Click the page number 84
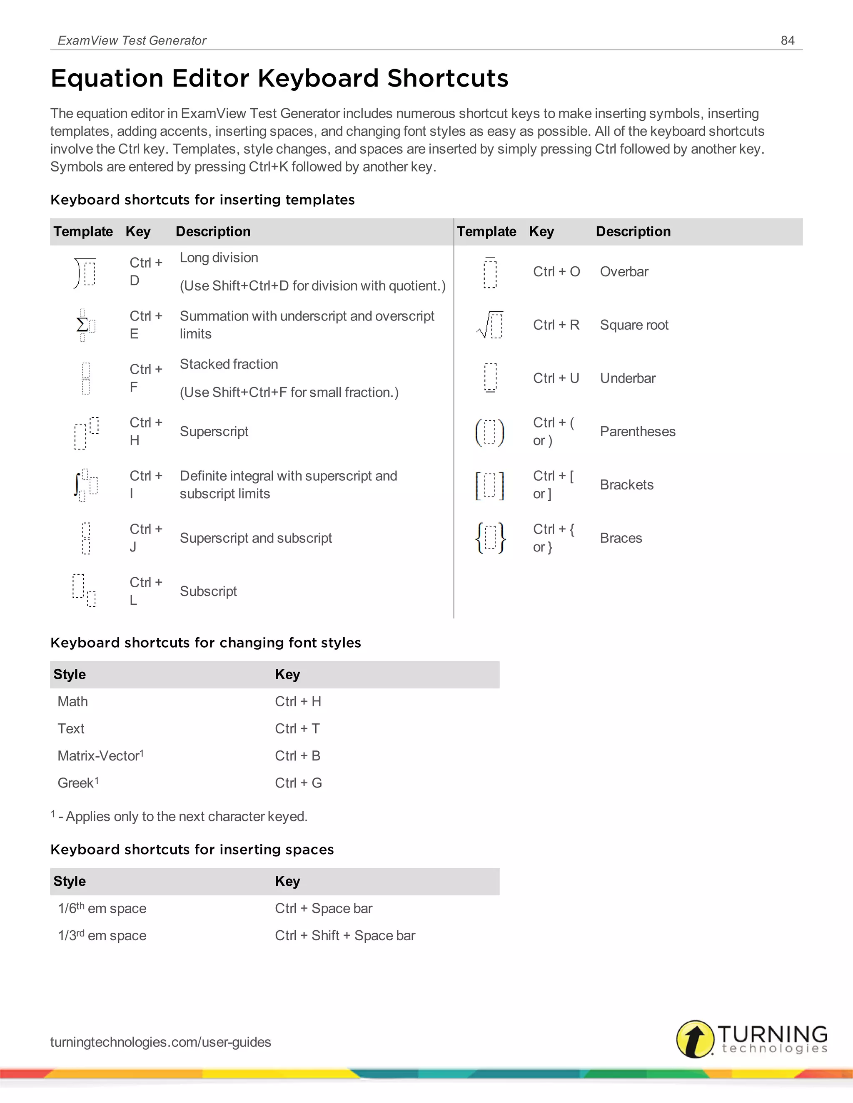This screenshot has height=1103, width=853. tap(787, 40)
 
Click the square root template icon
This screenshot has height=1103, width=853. tap(490, 325)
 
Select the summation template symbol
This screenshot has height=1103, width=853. tap(85, 325)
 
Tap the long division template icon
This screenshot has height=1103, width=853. tap(85, 272)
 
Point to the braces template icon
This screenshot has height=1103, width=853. tap(490, 538)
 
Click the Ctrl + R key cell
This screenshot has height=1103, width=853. tap(556, 325)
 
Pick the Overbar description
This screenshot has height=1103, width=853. tap(624, 272)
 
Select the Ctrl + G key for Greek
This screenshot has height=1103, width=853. tap(298, 783)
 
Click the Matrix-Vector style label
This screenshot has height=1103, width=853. tap(100, 755)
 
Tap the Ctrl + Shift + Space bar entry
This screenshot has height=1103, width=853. tap(344, 935)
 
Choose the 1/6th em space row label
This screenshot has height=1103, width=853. tap(102, 908)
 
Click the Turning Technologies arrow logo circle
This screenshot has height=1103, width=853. tap(695, 1039)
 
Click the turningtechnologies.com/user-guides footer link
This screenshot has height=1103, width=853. tap(160, 1042)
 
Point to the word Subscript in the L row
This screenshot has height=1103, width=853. tap(208, 591)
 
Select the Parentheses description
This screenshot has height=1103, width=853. tap(637, 431)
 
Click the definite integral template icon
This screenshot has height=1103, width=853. tap(85, 485)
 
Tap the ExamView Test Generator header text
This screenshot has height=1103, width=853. tap(132, 40)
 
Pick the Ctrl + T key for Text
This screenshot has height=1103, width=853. tap(297, 728)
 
